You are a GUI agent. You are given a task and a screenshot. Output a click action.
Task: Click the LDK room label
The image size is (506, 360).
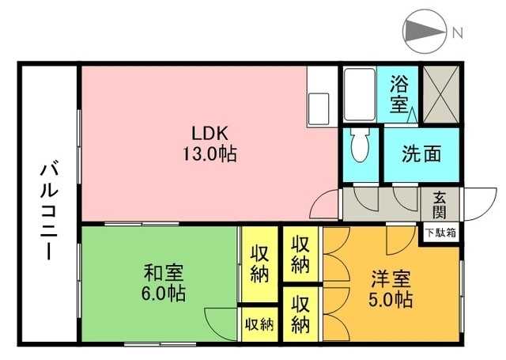210,133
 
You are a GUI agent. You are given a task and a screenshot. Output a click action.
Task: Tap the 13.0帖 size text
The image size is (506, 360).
210,153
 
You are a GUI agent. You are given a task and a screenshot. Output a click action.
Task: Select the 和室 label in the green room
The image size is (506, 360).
164,273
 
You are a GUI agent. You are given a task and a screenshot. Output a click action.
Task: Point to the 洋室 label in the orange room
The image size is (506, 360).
391,279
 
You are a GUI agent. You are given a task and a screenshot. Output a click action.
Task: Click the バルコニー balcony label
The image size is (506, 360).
49,212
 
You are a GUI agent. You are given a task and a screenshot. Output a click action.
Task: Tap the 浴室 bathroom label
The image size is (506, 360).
399,94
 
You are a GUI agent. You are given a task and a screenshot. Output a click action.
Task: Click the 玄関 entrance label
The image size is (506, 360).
440,205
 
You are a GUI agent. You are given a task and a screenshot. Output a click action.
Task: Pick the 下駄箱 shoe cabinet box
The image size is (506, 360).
441,233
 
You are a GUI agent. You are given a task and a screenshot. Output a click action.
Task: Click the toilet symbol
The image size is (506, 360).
360,145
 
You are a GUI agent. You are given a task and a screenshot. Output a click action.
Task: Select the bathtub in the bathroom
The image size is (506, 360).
360,94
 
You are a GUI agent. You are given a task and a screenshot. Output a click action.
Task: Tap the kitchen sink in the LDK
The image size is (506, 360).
319,109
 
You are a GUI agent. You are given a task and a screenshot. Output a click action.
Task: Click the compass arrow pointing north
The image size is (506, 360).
425,32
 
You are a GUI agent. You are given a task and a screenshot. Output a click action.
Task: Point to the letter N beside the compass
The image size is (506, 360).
458,32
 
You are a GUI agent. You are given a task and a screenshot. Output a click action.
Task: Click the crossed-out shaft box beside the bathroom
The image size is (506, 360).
441,94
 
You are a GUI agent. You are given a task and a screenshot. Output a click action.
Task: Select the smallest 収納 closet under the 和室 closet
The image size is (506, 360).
259,324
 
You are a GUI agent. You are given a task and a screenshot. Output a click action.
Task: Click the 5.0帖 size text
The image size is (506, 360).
391,301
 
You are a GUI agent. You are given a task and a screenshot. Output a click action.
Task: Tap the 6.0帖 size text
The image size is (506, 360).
164,294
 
